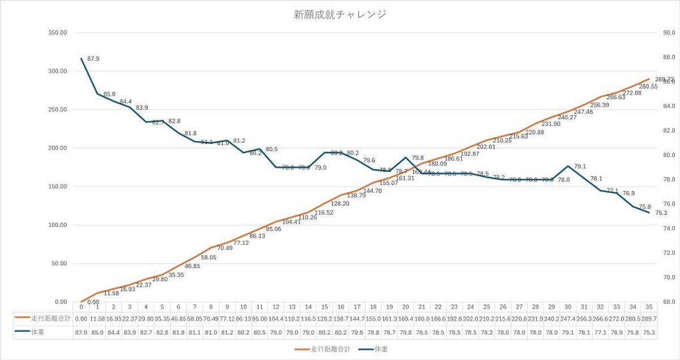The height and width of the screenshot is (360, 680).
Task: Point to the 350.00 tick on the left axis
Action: (x=58, y=33)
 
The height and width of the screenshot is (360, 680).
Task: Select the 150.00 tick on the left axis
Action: (x=58, y=187)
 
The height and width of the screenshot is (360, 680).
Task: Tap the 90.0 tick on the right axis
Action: (x=662, y=33)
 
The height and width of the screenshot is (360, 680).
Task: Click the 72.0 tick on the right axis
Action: (x=662, y=253)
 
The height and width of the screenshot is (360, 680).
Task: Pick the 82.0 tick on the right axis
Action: (x=662, y=130)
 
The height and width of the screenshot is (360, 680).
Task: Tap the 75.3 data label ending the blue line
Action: (x=661, y=213)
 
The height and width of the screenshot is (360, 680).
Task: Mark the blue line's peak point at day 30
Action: (x=568, y=166)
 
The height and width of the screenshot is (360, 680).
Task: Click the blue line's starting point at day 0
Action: (x=82, y=58)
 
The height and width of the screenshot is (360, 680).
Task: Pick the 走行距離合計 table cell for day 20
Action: (x=406, y=319)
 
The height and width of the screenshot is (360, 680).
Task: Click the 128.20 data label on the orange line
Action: (x=339, y=204)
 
